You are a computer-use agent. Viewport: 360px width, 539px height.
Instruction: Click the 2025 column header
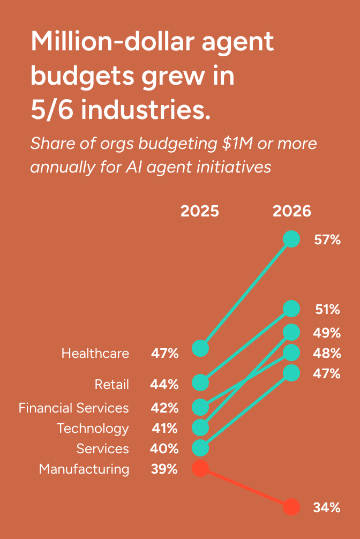tap(200, 211)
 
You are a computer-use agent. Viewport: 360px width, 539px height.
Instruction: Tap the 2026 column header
tap(292, 211)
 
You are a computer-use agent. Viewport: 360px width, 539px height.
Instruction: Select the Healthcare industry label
tap(95, 354)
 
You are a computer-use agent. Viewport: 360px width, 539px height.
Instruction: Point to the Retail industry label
tap(112, 384)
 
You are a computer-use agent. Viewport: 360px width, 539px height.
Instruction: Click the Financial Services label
tap(73, 408)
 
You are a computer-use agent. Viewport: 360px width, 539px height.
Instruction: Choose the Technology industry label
tap(93, 429)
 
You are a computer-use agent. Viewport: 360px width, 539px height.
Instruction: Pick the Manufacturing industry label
tap(84, 469)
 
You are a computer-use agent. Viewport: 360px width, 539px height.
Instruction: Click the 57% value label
tap(327, 239)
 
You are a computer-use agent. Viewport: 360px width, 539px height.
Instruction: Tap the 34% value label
tap(327, 507)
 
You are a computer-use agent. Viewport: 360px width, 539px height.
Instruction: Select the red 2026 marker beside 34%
tap(291, 507)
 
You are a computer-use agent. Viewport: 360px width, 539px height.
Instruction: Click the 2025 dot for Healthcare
tap(200, 348)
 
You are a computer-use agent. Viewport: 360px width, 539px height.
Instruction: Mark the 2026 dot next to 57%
tap(291, 239)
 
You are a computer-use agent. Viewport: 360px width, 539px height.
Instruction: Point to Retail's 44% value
tap(164, 384)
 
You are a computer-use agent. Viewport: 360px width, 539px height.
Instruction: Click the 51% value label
tap(328, 309)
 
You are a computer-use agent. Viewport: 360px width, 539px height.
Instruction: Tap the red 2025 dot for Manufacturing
tap(200, 468)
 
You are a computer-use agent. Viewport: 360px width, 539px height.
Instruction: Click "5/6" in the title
tap(52, 110)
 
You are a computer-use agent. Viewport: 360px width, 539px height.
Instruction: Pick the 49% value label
tap(327, 333)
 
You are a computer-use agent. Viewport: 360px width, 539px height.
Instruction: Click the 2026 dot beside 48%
tap(291, 353)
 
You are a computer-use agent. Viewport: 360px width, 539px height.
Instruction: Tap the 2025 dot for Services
tap(200, 448)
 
